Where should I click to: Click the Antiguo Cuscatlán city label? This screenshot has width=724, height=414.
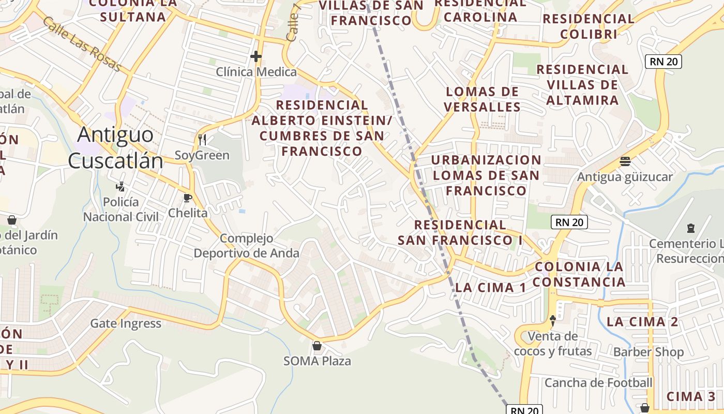tap(115, 148)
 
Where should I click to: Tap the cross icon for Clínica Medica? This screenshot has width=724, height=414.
tap(255, 56)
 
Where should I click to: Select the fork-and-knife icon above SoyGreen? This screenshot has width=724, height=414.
tap(202, 139)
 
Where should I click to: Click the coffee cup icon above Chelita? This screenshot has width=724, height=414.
tap(187, 198)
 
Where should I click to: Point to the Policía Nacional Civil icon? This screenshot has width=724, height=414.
tap(120, 186)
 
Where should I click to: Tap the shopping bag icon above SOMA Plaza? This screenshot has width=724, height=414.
tap(317, 346)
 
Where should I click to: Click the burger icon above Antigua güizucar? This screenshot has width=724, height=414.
tap(625, 161)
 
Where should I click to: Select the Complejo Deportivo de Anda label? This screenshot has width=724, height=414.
tap(246, 246)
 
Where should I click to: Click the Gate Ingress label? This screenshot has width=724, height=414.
tap(126, 324)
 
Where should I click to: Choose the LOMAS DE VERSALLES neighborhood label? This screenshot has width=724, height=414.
tap(482, 99)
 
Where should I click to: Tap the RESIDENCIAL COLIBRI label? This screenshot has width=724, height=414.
tap(589, 26)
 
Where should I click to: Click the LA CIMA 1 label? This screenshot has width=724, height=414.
tap(490, 288)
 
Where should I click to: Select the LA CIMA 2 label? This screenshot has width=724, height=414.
tap(642, 321)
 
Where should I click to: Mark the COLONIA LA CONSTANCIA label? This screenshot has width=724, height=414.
tap(579, 274)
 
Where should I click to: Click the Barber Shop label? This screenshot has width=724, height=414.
tap(648, 352)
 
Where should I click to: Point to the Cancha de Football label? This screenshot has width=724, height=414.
tap(598, 383)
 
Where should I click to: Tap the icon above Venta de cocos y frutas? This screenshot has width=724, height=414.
tap(552, 321)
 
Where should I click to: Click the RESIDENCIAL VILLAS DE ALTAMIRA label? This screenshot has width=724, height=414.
tap(582, 84)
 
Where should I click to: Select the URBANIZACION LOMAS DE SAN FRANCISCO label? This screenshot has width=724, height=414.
tap(486, 175)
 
